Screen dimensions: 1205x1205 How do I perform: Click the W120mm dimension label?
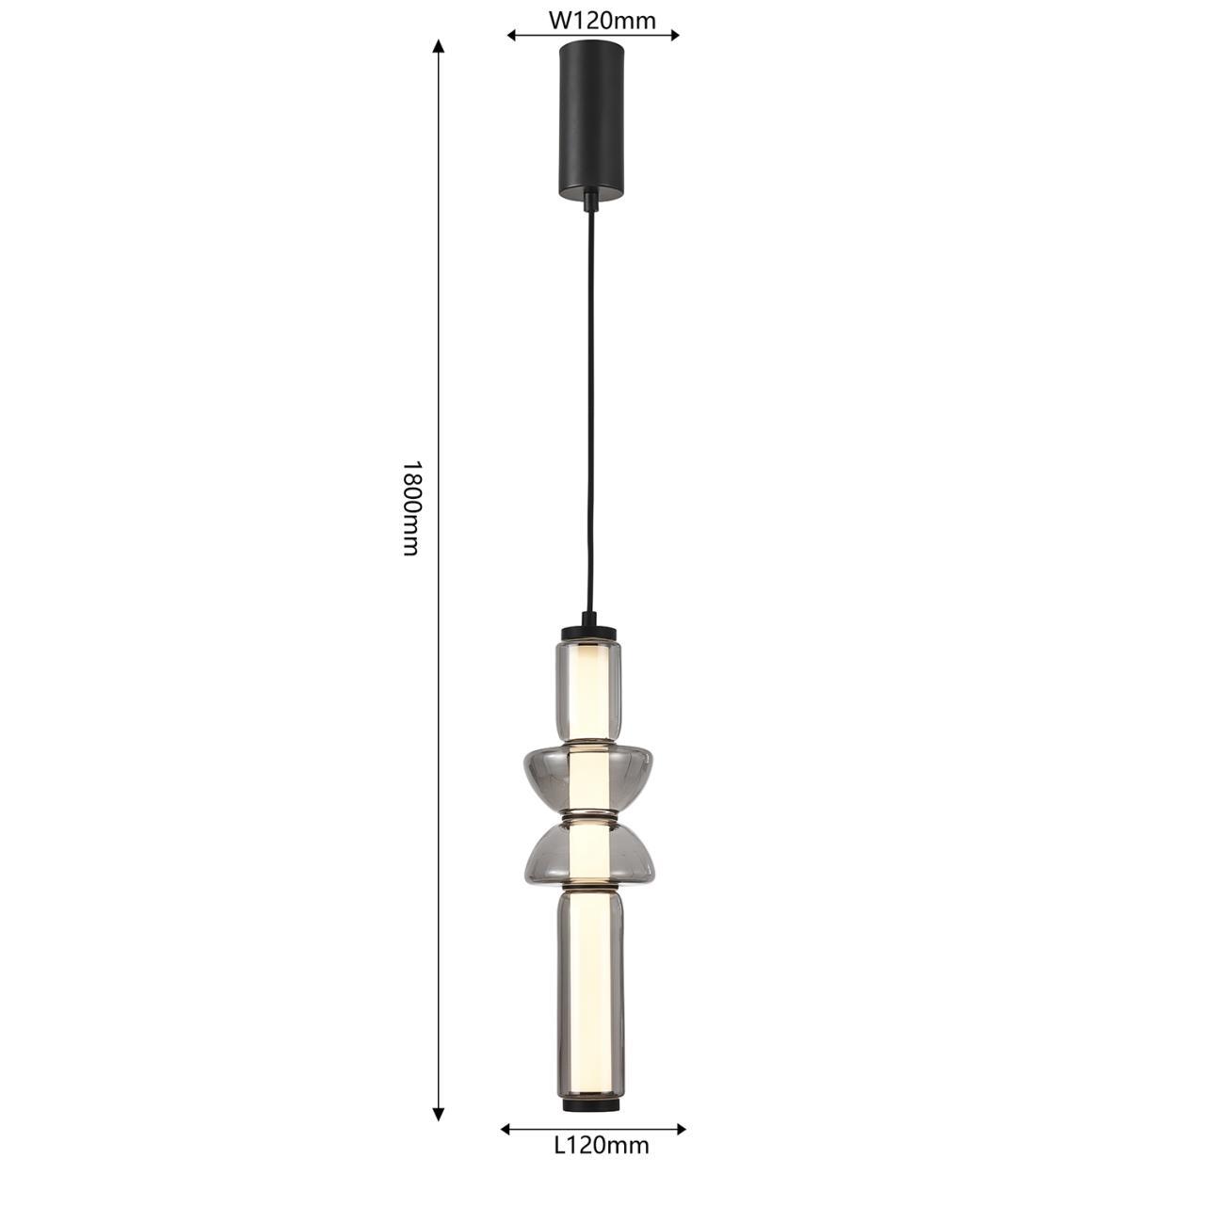[x=602, y=21]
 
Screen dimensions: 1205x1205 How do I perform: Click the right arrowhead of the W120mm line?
[x=673, y=36]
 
